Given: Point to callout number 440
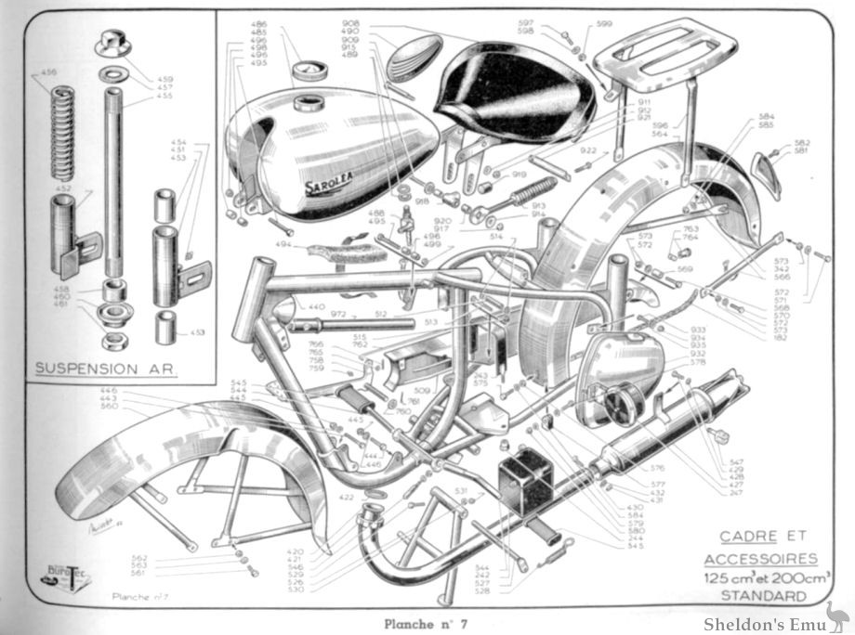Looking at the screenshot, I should click(317, 305).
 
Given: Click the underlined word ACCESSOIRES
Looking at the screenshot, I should click(761, 559).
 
